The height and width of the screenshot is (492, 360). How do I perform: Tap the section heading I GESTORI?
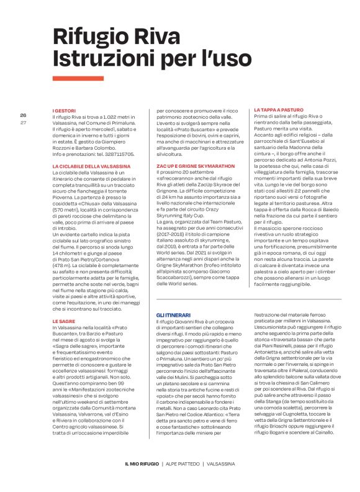[x=64, y=111]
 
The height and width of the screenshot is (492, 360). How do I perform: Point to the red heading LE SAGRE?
[x=64, y=321]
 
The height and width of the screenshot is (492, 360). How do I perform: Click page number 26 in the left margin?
[x=23, y=116]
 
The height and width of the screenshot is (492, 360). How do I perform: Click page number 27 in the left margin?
[x=23, y=122]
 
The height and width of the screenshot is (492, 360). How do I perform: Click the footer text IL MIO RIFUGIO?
[x=142, y=463]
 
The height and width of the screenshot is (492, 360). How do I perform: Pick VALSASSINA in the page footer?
[x=223, y=463]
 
